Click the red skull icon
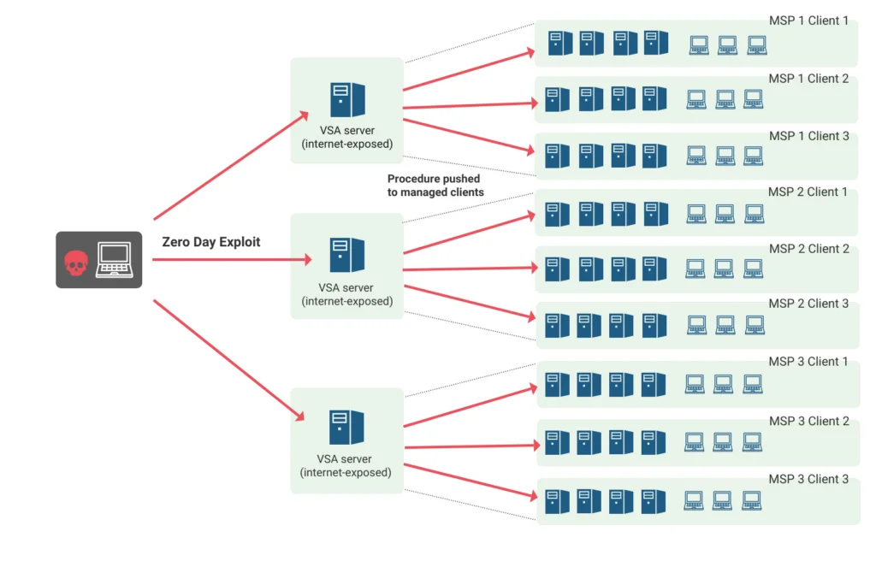pos(76,263)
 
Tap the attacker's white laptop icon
pos(115,259)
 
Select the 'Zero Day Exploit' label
pos(211,242)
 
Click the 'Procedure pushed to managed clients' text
pos(435,186)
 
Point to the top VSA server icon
pos(347,99)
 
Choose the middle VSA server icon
pos(347,255)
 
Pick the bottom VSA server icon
pos(346,428)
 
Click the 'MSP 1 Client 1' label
pos(808,21)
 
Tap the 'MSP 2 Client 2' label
pos(809,249)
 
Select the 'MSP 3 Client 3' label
pos(808,479)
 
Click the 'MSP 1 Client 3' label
pos(809,136)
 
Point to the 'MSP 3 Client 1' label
pos(808,362)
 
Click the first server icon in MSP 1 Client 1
pos(560,43)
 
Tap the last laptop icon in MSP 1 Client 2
pos(753,99)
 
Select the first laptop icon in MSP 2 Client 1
pos(696,214)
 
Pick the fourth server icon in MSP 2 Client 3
pos(654,326)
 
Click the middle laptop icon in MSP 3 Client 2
pos(722,442)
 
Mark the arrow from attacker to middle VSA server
pos(232,259)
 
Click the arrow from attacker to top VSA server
pos(231,165)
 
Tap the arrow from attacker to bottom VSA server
pos(229,360)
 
